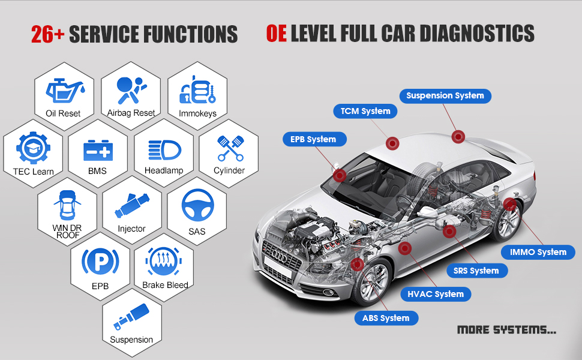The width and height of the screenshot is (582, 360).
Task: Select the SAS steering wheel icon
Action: pos(196,206)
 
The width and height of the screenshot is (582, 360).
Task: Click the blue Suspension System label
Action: pos(445,95)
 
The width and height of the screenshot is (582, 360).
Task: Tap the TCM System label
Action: pos(365,111)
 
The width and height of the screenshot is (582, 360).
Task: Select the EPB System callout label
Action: pos(313,139)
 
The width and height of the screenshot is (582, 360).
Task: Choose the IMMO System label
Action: pos(538,252)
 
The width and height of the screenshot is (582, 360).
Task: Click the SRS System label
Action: pos(476,271)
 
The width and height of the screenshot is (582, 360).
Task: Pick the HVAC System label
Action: pos(436,294)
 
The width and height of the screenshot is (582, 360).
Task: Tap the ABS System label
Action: pos(386,318)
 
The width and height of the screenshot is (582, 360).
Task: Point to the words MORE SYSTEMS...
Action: pos(506,329)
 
